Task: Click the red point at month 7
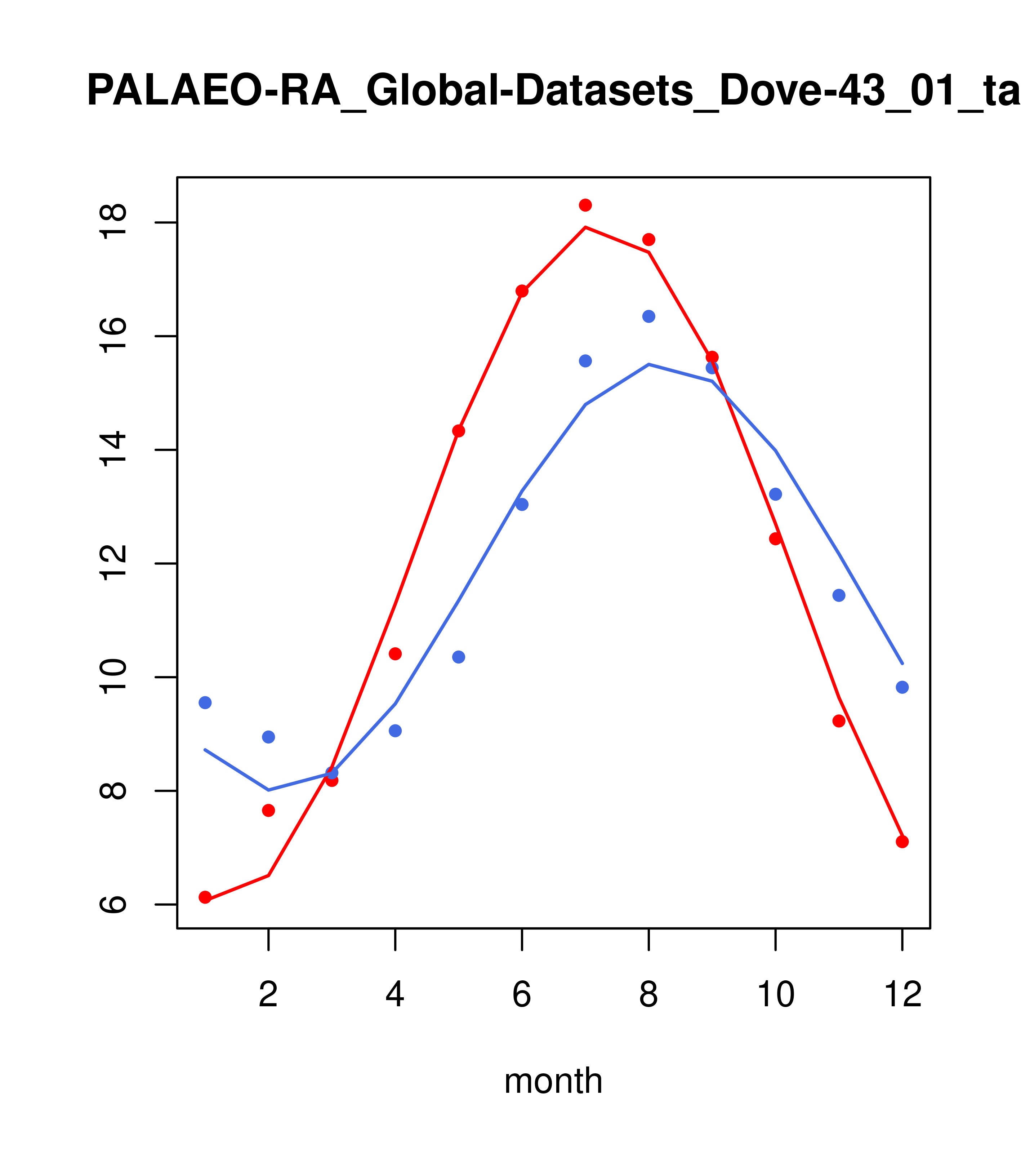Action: tap(585, 205)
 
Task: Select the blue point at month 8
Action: tap(648, 316)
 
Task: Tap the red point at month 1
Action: tap(205, 897)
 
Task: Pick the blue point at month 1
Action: tap(205, 703)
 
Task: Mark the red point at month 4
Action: tap(395, 654)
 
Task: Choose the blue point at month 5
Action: tap(459, 657)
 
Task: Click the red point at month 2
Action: tap(269, 810)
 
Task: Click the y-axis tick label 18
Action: tap(112, 223)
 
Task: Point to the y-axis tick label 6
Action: tap(112, 905)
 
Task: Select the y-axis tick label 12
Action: tap(112, 563)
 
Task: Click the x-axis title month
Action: tap(553, 1081)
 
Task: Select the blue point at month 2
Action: tap(269, 737)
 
